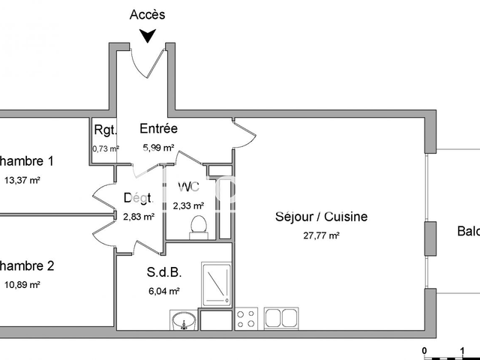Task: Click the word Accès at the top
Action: (x=148, y=14)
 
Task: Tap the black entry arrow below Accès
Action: (x=148, y=35)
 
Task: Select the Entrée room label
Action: (x=158, y=129)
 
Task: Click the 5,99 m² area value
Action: (x=158, y=148)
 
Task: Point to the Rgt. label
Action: (x=104, y=129)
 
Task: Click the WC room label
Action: (x=188, y=186)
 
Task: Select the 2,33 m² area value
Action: (x=188, y=205)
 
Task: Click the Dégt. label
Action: (x=139, y=199)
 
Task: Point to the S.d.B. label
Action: (x=164, y=273)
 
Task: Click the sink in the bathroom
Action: (x=182, y=321)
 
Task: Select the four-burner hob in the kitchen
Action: (x=247, y=319)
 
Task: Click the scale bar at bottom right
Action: (x=442, y=354)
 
